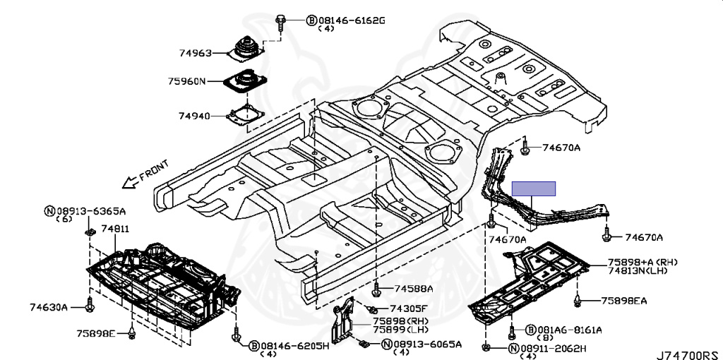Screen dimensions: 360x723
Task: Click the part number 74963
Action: click(194, 52)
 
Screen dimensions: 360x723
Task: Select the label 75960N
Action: click(187, 81)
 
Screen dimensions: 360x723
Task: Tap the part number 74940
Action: click(194, 115)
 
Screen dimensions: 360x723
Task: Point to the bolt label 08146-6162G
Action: click(351, 20)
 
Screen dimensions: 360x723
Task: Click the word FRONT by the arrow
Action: click(153, 171)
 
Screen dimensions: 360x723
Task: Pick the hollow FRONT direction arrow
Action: click(129, 183)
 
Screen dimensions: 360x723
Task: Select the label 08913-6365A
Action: click(90, 210)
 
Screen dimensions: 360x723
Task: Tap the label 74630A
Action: click(49, 307)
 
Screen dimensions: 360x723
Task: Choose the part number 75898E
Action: click(96, 332)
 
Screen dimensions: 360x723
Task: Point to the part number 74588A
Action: click(414, 289)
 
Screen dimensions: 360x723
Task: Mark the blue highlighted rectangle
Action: click(534, 188)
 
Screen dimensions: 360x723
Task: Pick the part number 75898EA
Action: click(623, 301)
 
